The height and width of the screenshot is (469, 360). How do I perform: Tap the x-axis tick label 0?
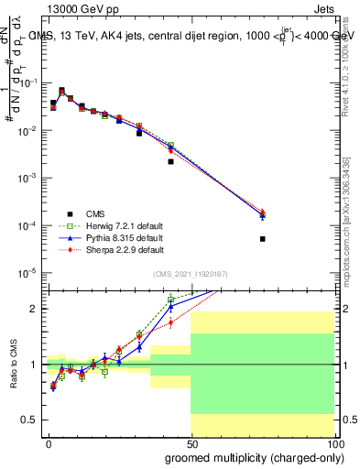(49, 443)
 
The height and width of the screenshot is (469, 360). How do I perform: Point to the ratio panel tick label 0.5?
(27, 420)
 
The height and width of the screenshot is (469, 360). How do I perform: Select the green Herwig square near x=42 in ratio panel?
(170, 299)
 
